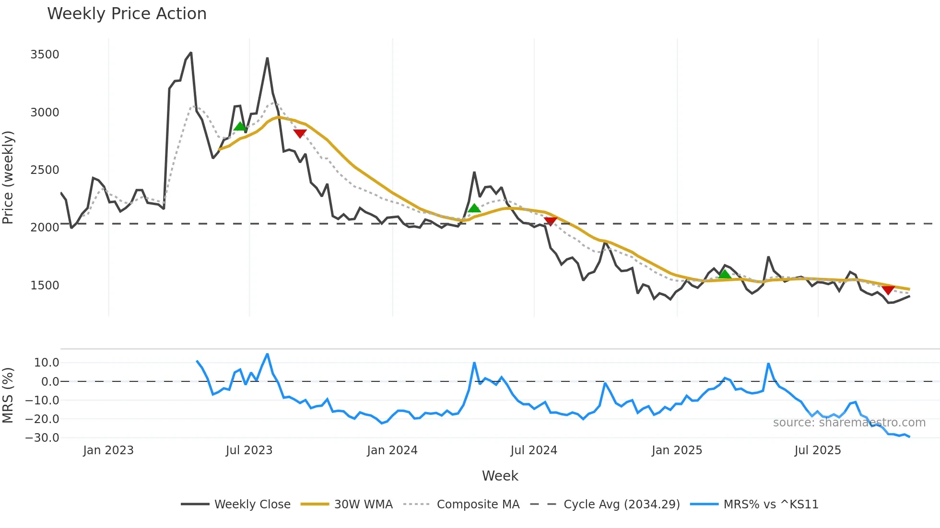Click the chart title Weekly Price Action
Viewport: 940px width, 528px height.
tap(127, 14)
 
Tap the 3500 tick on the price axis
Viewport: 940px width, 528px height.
tap(45, 55)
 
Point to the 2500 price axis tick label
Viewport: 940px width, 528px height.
tap(45, 170)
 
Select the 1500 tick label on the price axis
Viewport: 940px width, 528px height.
tap(45, 286)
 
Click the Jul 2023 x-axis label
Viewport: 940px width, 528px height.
tap(249, 450)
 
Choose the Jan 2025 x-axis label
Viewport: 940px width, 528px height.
tap(677, 450)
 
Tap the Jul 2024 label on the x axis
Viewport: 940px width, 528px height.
tap(534, 450)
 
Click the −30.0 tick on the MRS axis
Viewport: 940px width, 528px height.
tap(42, 438)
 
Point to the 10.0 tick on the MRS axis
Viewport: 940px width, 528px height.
tap(46, 363)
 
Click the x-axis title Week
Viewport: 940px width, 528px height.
tap(500, 476)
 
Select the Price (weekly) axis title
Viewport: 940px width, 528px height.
tap(8, 177)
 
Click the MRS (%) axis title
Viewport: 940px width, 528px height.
tap(8, 395)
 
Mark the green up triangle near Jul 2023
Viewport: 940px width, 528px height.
tap(240, 126)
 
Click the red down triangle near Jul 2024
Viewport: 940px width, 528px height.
tap(551, 221)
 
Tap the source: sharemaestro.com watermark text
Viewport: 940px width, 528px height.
tap(849, 423)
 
